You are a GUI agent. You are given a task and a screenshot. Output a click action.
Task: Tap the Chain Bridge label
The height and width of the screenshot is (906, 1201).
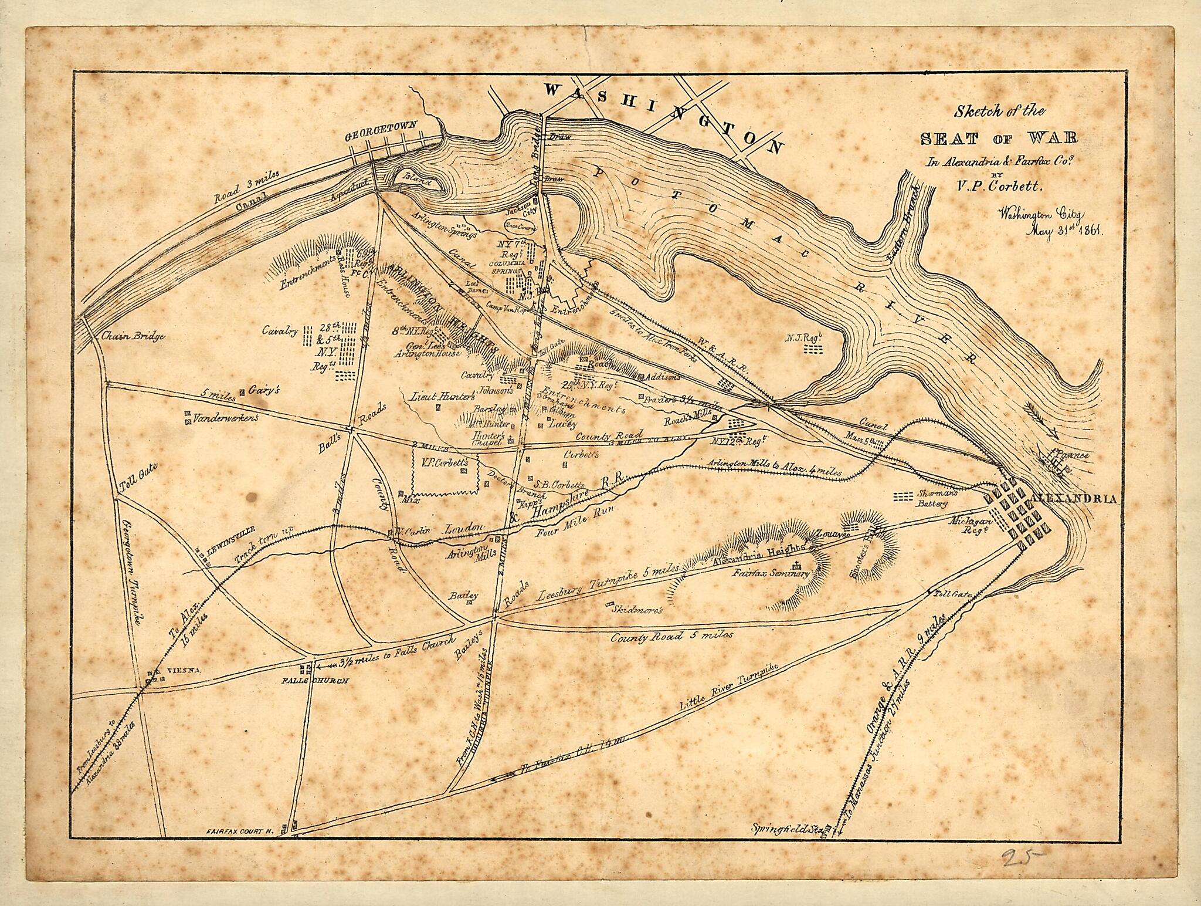[x=133, y=337]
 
